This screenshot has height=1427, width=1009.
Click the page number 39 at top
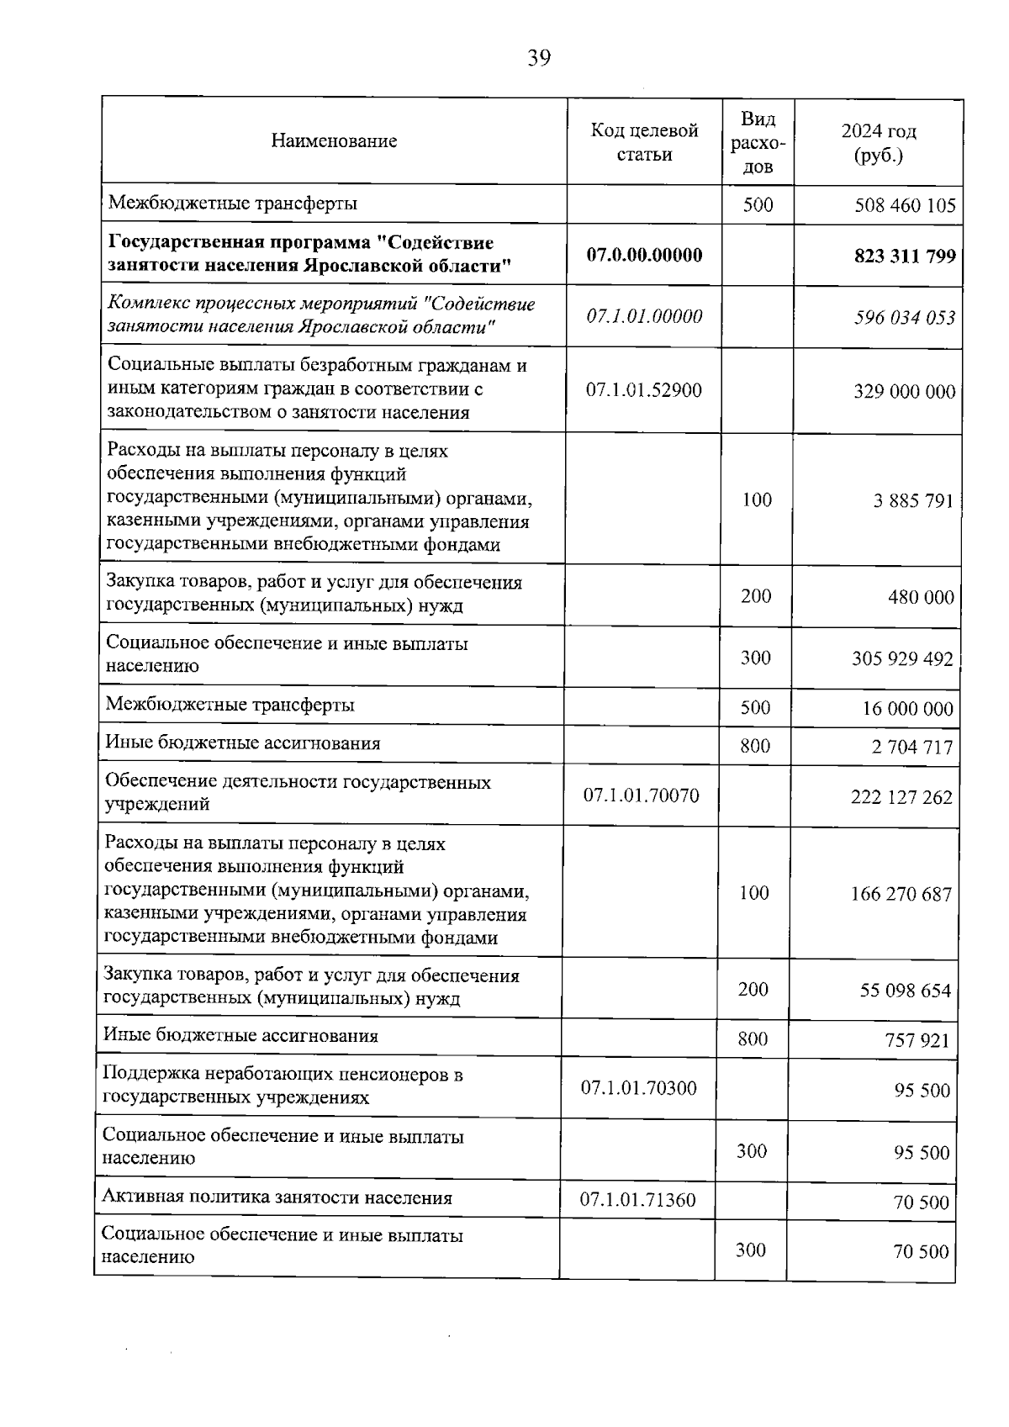point(539,58)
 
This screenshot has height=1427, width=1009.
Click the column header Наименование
point(334,141)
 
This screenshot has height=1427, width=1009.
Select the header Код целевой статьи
point(644,142)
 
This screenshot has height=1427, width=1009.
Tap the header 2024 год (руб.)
point(878,143)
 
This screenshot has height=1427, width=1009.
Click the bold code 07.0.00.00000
point(644,255)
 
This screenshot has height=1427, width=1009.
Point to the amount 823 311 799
point(905,256)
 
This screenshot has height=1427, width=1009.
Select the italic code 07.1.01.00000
point(644,317)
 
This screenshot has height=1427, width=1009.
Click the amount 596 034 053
point(905,318)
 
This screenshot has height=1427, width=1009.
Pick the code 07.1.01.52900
point(643,390)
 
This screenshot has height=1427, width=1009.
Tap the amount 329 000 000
point(905,392)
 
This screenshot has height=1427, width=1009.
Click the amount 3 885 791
point(913,501)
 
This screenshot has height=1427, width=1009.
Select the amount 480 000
point(921,598)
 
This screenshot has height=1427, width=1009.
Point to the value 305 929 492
point(902,658)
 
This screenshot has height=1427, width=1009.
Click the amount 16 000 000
point(907,709)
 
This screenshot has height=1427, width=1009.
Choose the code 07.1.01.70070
point(641,795)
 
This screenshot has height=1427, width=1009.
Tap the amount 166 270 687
point(901,894)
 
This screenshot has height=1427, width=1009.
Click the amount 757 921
point(917,1041)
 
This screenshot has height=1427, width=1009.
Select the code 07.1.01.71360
point(637,1200)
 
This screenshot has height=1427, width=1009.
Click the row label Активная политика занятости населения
point(277,1198)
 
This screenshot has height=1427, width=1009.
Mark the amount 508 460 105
point(905,205)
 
